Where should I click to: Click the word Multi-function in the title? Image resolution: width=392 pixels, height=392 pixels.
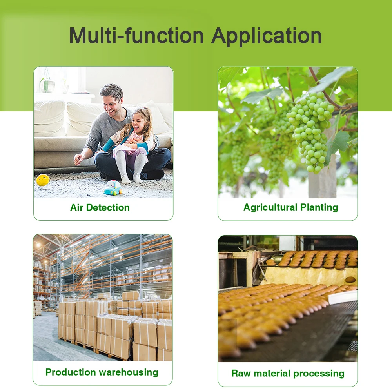[136, 36]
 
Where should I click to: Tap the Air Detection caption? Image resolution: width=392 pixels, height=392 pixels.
[100, 207]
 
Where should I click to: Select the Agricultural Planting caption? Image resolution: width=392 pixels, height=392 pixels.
[291, 207]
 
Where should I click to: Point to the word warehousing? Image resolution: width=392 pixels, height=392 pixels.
[129, 372]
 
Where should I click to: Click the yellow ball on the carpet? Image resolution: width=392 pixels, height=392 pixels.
[43, 180]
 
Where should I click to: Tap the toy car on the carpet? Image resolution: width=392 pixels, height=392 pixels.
[113, 187]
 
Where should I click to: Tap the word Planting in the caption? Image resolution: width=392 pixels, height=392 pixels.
[319, 207]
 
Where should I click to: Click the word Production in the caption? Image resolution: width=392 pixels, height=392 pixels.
[71, 372]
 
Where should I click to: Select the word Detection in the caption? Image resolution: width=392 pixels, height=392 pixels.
[108, 207]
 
